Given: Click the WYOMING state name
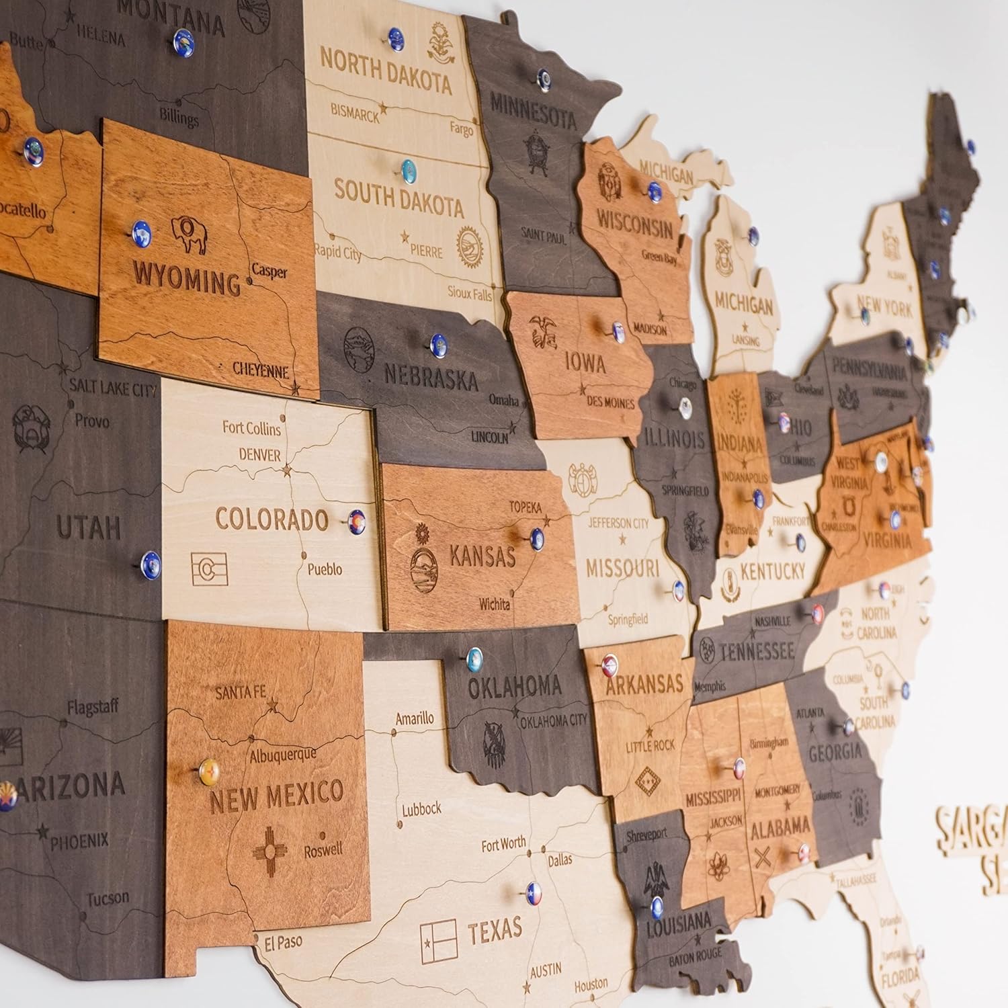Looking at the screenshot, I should point(186,278).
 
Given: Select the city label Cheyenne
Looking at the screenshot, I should point(261,369).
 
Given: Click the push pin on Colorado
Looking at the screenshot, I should point(356,522).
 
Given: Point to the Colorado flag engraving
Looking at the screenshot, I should point(209,569).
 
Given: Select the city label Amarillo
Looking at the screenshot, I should point(414,718).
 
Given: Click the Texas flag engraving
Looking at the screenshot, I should point(438,941).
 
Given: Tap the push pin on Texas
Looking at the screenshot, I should point(534,893).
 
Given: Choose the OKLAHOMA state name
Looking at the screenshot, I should point(514,686).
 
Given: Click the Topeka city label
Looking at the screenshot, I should point(525,507).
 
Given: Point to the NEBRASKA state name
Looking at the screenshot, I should point(430,377).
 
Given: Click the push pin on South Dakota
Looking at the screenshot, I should point(408,169).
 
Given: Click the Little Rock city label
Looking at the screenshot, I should point(650,745).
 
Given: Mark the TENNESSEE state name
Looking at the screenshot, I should point(757,650).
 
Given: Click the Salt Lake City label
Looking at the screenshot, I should point(113,388).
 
